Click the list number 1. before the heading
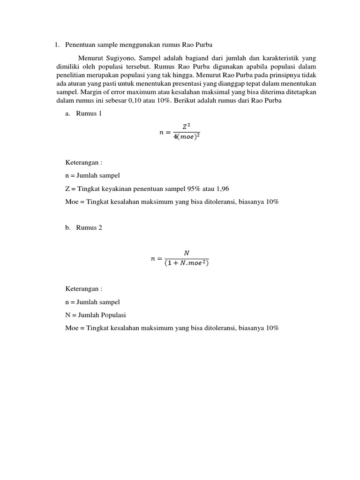(57, 45)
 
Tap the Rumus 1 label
(89, 114)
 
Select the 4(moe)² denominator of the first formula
(186, 137)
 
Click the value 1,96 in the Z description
(219, 189)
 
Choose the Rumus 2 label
(89, 228)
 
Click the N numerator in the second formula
(186, 253)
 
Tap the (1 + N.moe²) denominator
(187, 263)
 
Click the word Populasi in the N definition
(113, 315)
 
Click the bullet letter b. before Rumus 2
(68, 228)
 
